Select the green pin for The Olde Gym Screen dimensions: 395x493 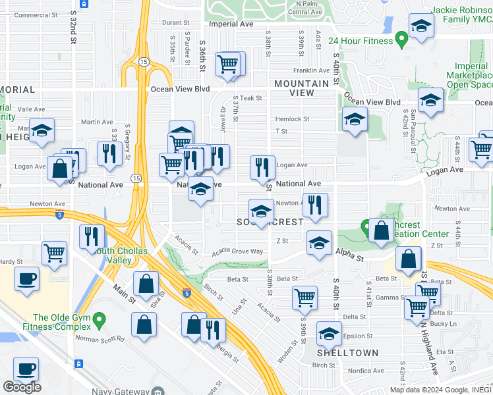(x=99, y=321)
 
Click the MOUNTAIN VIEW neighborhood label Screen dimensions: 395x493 (x=302, y=88)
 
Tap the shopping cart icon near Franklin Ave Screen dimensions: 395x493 (x=228, y=65)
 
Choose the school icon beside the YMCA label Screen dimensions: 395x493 (x=420, y=27)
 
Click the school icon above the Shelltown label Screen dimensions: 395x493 (x=328, y=333)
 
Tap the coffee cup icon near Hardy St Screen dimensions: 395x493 (x=26, y=278)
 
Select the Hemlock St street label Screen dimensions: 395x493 (x=292, y=119)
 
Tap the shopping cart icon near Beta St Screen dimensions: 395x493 (x=304, y=298)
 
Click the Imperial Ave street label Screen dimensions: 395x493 (x=231, y=24)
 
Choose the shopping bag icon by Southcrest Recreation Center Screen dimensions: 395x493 (x=381, y=230)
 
